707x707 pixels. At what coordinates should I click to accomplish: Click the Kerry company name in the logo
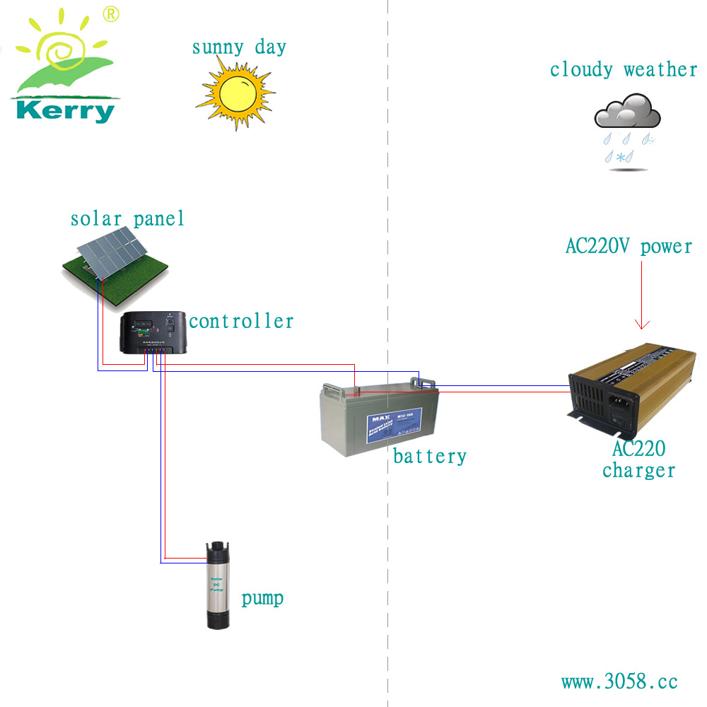click(65, 111)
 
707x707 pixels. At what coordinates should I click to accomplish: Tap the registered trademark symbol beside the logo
click(111, 13)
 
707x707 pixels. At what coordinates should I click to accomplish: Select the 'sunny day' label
click(239, 48)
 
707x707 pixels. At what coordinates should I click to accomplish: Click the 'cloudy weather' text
click(624, 69)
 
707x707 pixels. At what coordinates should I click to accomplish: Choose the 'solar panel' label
click(127, 218)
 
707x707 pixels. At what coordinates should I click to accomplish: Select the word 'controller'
click(241, 321)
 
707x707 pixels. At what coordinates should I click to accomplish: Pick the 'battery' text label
click(430, 456)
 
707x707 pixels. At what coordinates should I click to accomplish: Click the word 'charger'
click(638, 470)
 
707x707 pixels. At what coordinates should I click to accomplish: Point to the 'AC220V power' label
click(629, 246)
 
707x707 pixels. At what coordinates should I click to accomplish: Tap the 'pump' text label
click(262, 598)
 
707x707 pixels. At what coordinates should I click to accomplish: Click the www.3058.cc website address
click(619, 682)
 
